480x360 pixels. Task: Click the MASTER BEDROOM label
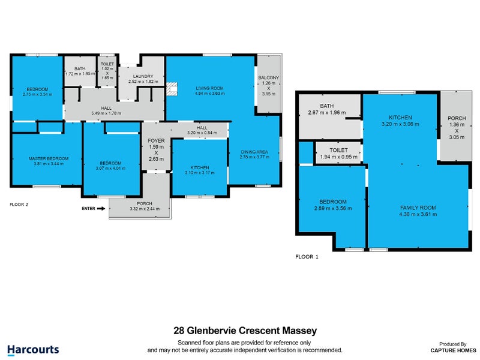coord(49,158)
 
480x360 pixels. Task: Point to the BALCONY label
coord(268,78)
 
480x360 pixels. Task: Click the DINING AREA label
coord(255,152)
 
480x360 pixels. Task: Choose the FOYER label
coord(156,141)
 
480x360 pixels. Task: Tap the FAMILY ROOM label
coord(418,208)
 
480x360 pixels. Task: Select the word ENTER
coord(88,209)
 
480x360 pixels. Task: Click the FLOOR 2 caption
coord(19,204)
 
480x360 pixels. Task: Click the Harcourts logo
coord(33,349)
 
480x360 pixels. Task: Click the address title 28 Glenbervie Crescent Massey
coord(245,331)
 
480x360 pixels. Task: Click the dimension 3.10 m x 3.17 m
coord(199,173)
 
